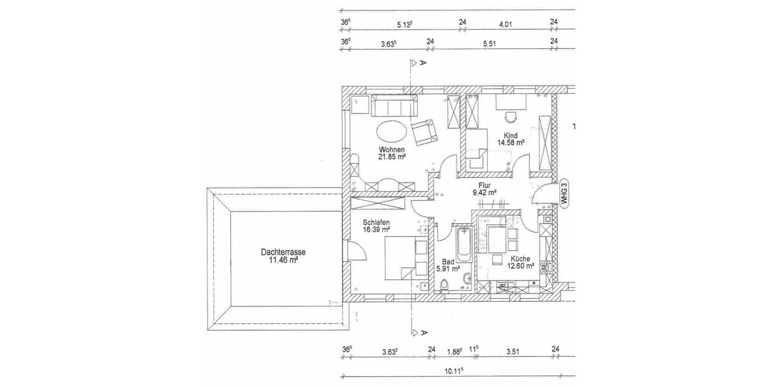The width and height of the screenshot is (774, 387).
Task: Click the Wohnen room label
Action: pyautogui.click(x=392, y=149)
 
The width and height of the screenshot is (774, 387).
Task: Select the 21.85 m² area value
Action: pyautogui.click(x=392, y=157)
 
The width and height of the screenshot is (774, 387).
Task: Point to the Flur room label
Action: pyautogui.click(x=484, y=184)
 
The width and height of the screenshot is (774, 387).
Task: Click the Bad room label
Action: pyautogui.click(x=447, y=261)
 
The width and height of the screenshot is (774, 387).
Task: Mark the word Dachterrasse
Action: pyautogui.click(x=283, y=252)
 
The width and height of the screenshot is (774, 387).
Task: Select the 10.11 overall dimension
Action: pyautogui.click(x=455, y=372)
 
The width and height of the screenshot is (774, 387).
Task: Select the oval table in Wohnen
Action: pyautogui.click(x=391, y=132)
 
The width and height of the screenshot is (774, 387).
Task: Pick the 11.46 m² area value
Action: pyautogui.click(x=283, y=261)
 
